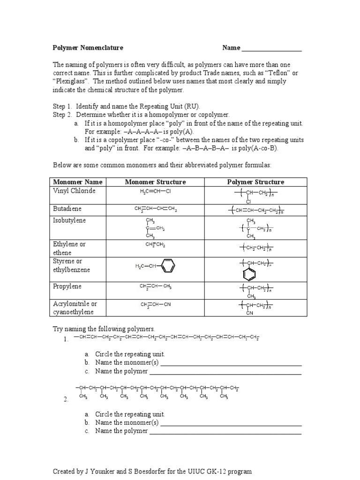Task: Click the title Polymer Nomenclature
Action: pyautogui.click(x=88, y=48)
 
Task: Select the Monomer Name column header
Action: pyautogui.click(x=78, y=182)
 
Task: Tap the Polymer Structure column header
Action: pyautogui.click(x=255, y=182)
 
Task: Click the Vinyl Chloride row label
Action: pyautogui.click(x=74, y=191)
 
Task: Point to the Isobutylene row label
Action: pyautogui.click(x=69, y=220)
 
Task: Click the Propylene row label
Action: pyautogui.click(x=67, y=286)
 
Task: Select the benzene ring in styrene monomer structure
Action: pyautogui.click(x=167, y=266)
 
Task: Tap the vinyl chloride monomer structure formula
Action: pyautogui.click(x=155, y=192)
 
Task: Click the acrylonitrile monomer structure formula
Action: pyautogui.click(x=156, y=304)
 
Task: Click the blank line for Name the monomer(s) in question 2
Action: pyautogui.click(x=231, y=423)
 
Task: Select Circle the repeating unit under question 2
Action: pyautogui.click(x=130, y=414)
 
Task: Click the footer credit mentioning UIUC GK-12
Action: pyautogui.click(x=152, y=471)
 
